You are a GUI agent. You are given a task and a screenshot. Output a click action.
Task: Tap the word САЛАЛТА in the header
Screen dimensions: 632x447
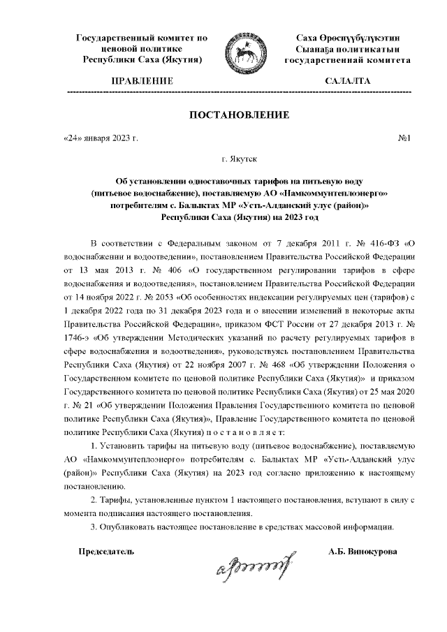click(347, 81)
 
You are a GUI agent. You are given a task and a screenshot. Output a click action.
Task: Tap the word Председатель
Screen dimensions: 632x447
click(105, 551)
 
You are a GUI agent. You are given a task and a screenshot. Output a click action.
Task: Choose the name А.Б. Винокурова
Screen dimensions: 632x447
click(362, 551)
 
